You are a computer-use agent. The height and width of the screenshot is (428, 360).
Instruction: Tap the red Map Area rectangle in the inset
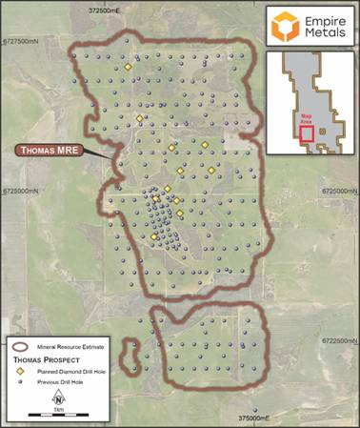coord(307,134)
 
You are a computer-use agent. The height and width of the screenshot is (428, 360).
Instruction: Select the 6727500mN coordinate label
coord(21,42)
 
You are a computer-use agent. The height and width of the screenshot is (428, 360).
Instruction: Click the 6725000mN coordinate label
coord(21,192)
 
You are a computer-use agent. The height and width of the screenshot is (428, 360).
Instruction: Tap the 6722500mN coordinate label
coord(338,340)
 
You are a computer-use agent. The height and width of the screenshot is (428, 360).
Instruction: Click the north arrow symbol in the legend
coord(59,399)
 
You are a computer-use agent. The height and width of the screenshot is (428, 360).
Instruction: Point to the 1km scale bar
coord(59,416)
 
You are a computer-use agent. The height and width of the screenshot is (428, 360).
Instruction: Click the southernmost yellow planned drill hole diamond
coord(154,235)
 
